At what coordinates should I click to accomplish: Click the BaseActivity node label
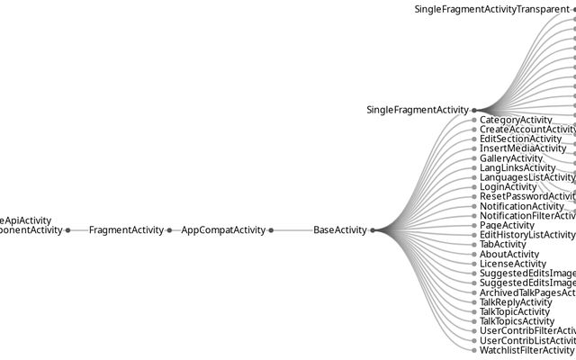[340, 230]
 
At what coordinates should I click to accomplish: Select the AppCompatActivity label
[223, 230]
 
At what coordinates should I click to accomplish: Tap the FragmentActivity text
[126, 230]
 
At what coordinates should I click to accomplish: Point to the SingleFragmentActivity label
[418, 110]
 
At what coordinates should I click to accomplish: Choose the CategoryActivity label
[516, 120]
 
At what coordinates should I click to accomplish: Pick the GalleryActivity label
[511, 158]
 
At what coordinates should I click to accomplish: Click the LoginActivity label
[508, 187]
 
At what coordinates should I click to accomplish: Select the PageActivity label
[507, 225]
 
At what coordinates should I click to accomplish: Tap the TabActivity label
[503, 244]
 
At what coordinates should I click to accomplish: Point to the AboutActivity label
[509, 254]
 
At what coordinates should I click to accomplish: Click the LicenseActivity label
[513, 264]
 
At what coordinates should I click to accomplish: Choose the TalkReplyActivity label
[516, 302]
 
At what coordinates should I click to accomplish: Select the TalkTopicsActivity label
[517, 321]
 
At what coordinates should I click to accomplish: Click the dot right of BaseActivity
[373, 230]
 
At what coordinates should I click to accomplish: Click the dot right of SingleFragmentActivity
[474, 110]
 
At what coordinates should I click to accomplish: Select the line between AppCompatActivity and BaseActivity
[292, 230]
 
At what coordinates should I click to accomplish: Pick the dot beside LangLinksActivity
[474, 167]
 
